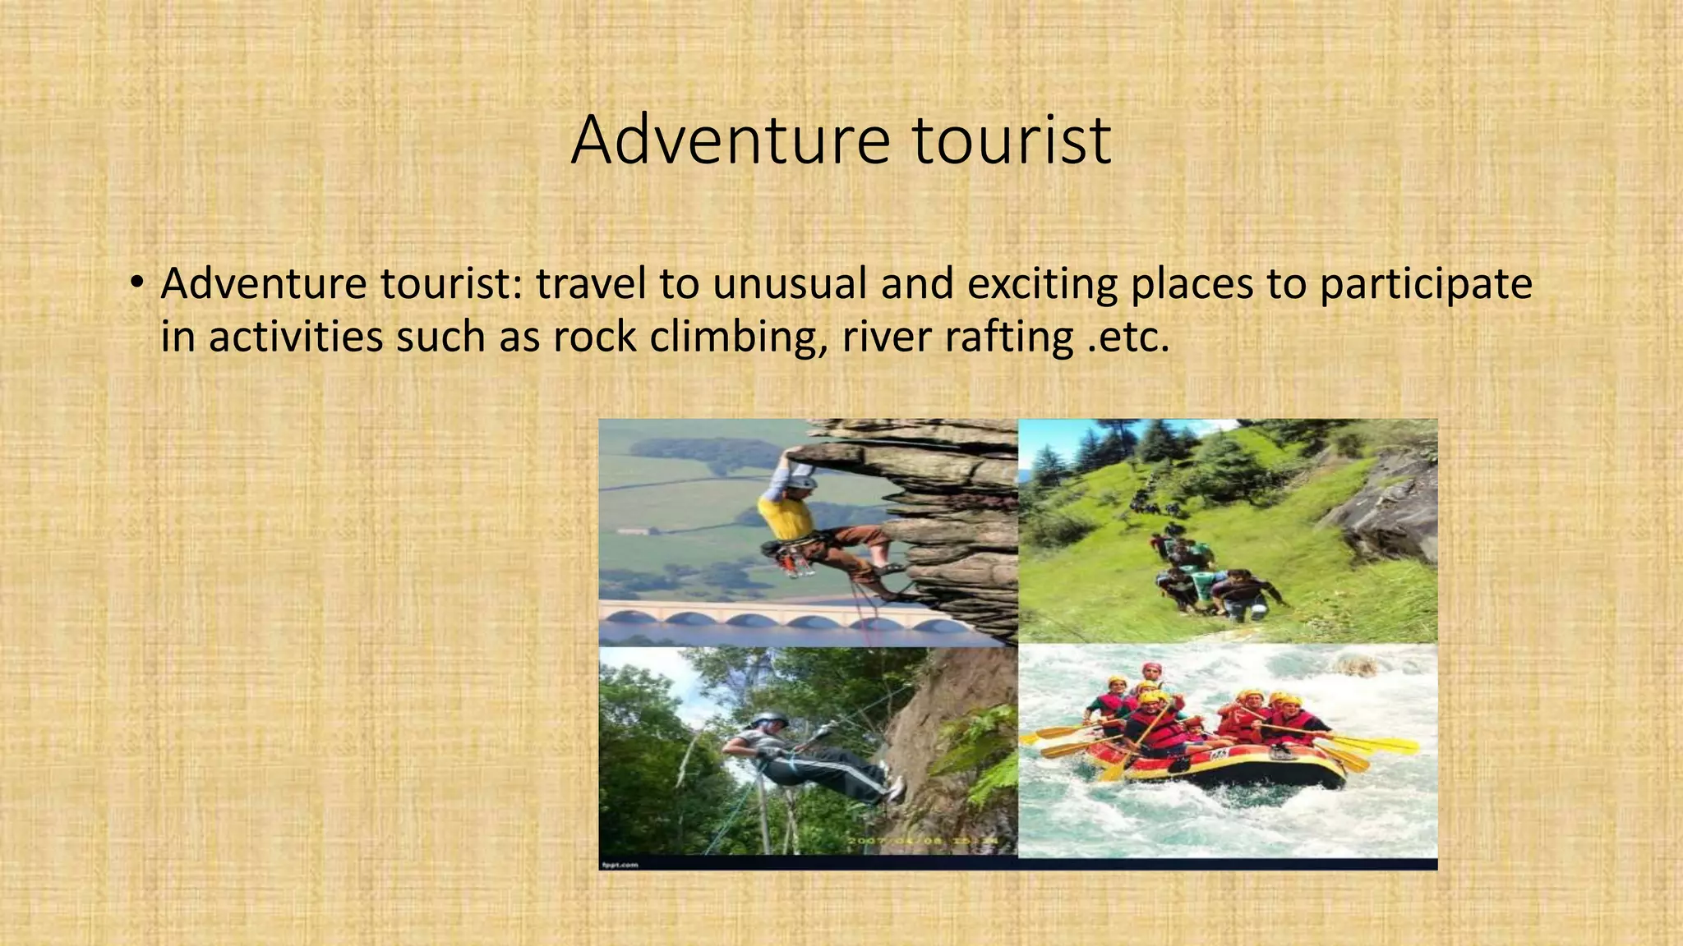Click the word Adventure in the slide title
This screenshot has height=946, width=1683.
730,140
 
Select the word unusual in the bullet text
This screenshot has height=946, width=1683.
790,284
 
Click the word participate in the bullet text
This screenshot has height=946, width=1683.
1426,284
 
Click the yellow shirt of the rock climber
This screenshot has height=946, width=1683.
785,517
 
